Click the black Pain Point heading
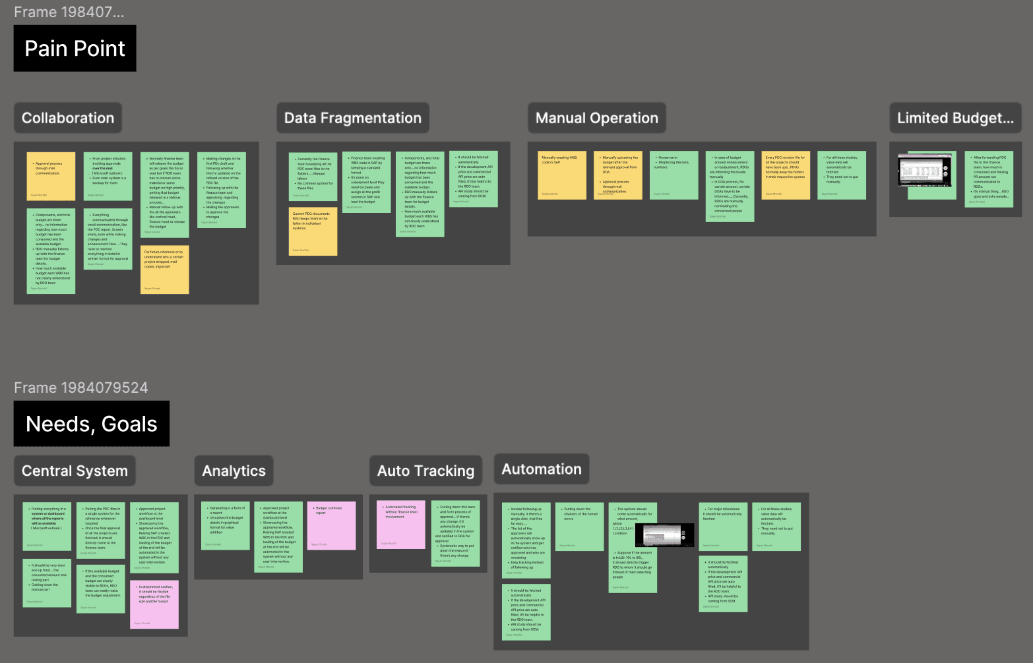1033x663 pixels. click(x=75, y=48)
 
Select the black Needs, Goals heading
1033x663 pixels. click(x=92, y=424)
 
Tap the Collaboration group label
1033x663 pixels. click(x=68, y=118)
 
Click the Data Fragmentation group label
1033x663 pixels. click(x=352, y=118)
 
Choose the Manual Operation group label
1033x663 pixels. click(x=596, y=118)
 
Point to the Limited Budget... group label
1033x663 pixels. click(x=955, y=118)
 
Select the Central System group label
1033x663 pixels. click(x=75, y=471)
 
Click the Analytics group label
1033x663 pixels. click(x=234, y=471)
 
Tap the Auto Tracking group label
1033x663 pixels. click(x=425, y=471)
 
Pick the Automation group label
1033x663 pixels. click(x=541, y=469)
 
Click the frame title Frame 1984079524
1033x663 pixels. click(x=81, y=388)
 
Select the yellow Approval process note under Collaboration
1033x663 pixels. click(x=51, y=176)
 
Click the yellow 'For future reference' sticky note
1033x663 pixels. click(x=165, y=270)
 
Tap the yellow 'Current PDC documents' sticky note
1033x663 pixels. click(x=313, y=231)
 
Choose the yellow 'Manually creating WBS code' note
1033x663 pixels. click(x=562, y=175)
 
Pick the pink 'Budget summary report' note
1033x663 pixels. click(x=332, y=525)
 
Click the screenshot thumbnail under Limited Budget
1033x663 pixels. click(x=926, y=170)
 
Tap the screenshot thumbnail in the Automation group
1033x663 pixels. click(x=668, y=535)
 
